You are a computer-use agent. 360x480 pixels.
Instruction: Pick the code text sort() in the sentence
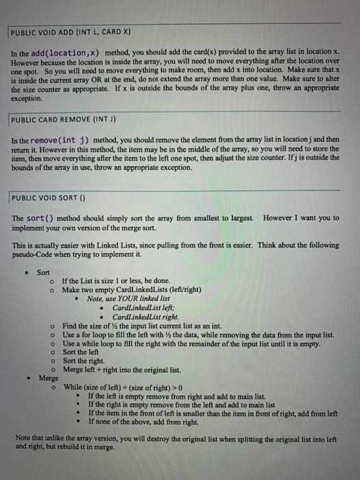[x=41, y=217]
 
